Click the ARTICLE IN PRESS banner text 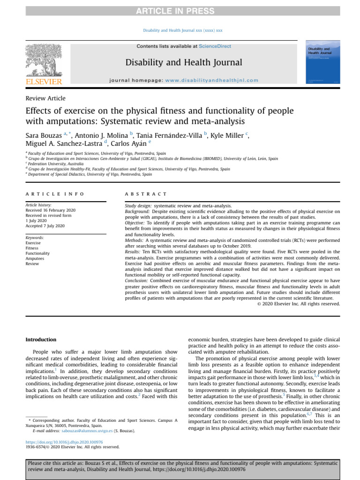pyautogui.click(x=180, y=11)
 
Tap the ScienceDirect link pyautogui.click(x=215, y=46)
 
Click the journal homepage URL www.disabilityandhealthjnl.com pyautogui.click(x=212, y=80)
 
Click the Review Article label pyautogui.click(x=45, y=98)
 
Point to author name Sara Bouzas pyautogui.click(x=45, y=136)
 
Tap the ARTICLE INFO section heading pyautogui.click(x=55, y=194)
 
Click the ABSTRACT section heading pyautogui.click(x=146, y=194)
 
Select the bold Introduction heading pyautogui.click(x=41, y=339)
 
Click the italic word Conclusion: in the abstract pyautogui.click(x=136, y=280)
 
